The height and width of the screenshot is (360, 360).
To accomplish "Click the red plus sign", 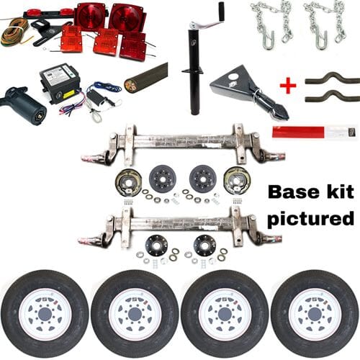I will coord(288,86).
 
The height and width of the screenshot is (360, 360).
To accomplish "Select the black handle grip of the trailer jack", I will coord(220,12).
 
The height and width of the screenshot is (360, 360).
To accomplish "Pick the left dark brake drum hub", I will coord(163,178).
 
